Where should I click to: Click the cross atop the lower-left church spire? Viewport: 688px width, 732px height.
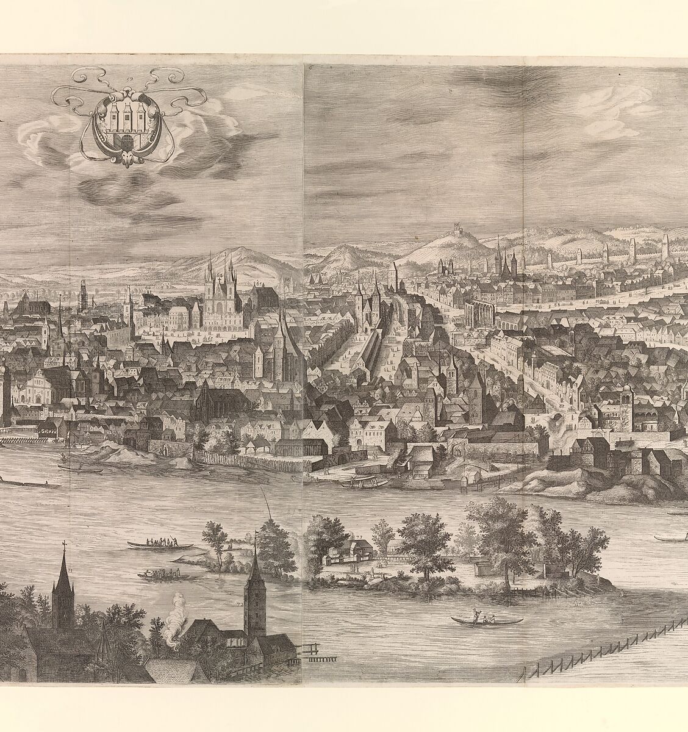(x=63, y=544)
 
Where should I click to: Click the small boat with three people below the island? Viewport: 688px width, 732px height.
(x=486, y=619)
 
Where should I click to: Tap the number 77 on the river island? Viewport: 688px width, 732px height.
(x=360, y=537)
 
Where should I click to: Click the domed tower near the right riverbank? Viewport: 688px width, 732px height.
(x=623, y=400)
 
